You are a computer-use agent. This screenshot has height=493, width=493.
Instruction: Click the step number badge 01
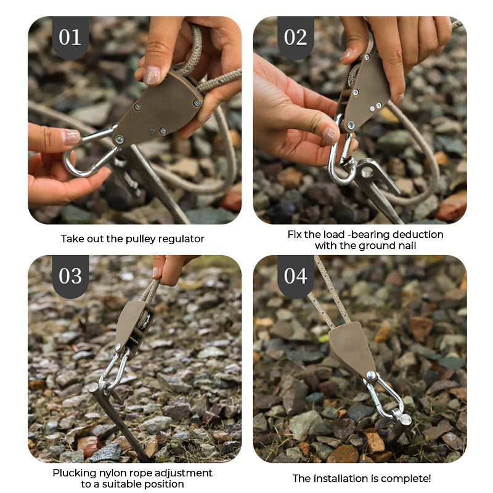point(70,37)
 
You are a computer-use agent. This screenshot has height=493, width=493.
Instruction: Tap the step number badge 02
point(295,37)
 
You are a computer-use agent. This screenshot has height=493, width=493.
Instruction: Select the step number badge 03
point(70,275)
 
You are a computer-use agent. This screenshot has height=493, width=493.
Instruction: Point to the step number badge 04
point(295,275)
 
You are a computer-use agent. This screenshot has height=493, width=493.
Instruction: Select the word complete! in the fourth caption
point(409,478)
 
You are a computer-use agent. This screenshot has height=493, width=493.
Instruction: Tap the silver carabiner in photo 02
point(341,161)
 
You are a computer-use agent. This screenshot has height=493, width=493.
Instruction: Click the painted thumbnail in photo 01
point(71,137)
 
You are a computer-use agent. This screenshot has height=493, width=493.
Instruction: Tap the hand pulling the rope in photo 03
point(168,267)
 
